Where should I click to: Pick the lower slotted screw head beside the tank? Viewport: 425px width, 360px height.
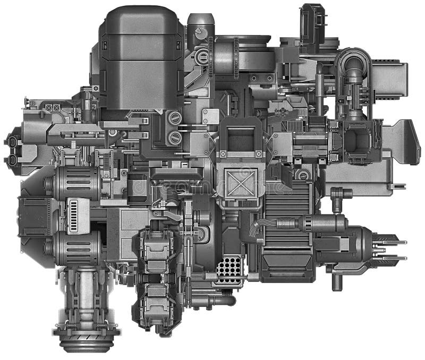point(174,138)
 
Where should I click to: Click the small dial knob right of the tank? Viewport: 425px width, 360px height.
point(199,32)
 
